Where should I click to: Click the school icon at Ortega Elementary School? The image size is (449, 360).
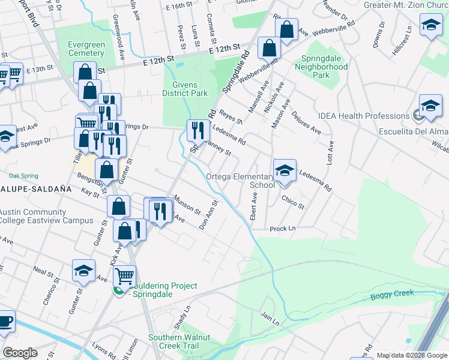285,170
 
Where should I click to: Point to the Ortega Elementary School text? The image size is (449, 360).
240,181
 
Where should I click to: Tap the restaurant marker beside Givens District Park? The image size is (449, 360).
197,129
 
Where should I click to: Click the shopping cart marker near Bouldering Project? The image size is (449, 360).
124,276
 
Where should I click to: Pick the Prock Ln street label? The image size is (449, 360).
283,229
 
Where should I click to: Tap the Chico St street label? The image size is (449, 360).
293,203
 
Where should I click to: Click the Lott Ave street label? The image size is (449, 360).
330,153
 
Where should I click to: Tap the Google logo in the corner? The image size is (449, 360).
20,353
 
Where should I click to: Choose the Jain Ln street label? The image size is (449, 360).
270,318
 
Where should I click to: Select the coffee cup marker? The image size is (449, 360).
5,319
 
